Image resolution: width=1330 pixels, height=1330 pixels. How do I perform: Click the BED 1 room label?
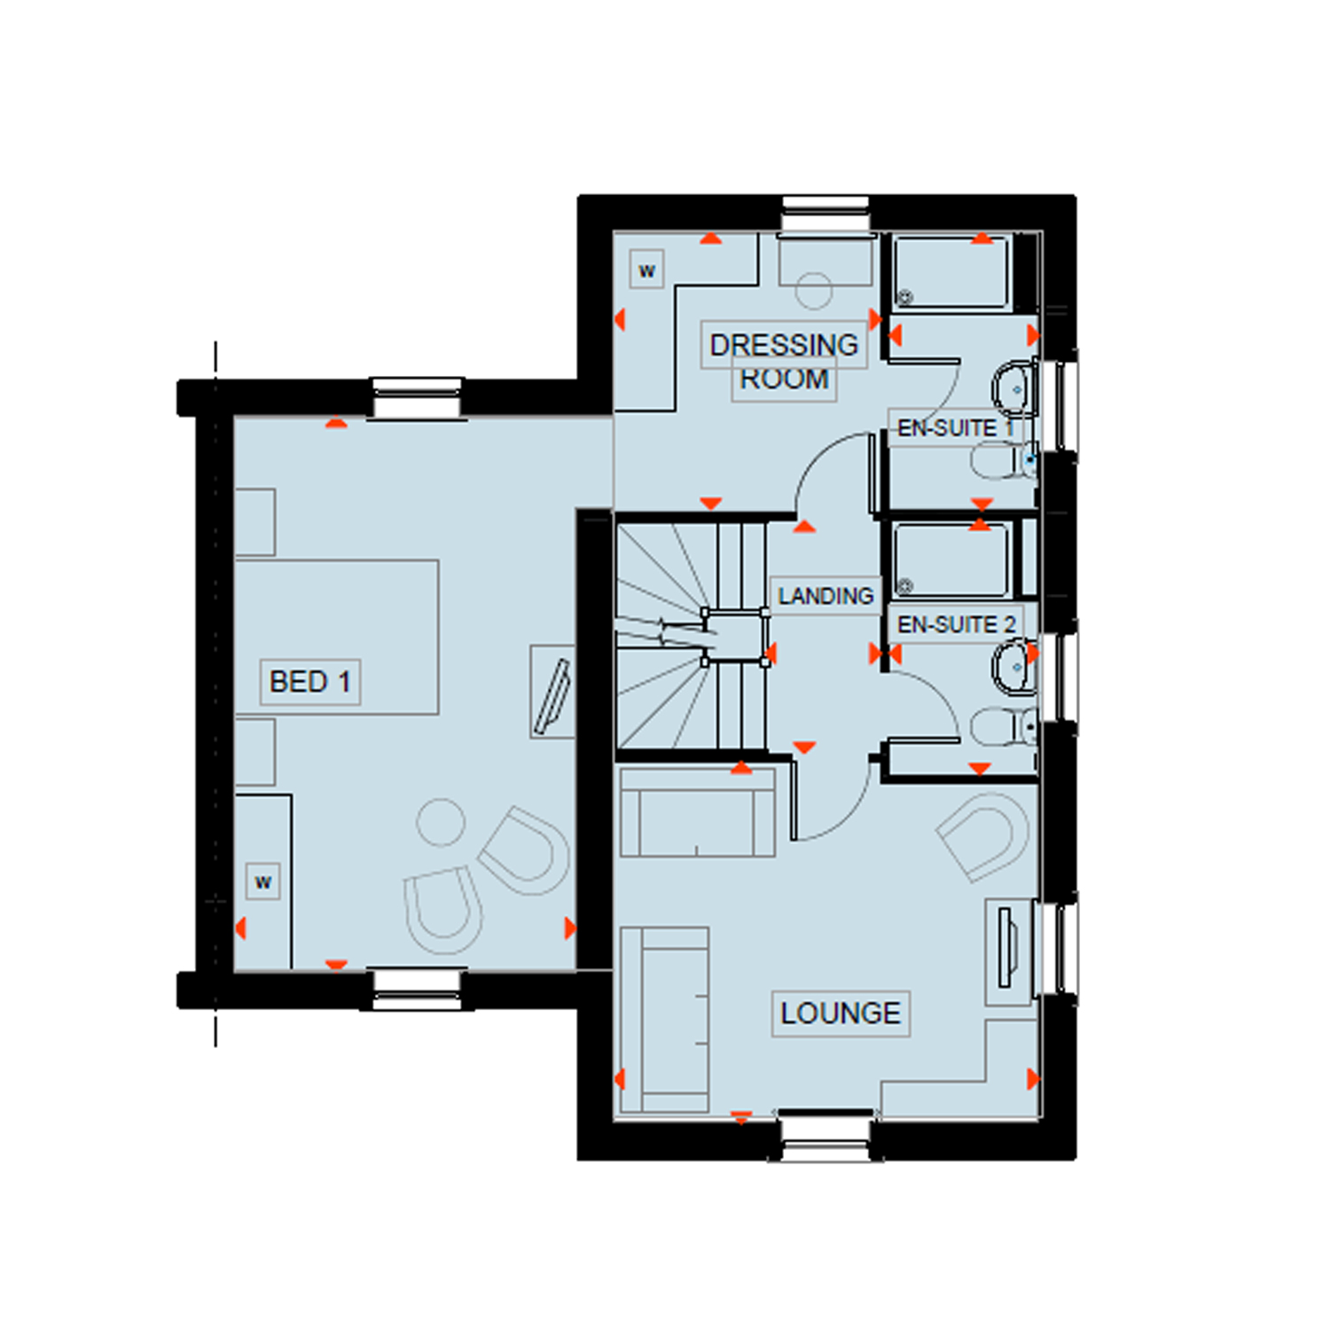[x=310, y=682]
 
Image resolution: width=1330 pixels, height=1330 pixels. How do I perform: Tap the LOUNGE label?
[x=841, y=1013]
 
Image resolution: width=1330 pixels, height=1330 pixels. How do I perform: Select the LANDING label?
[x=825, y=596]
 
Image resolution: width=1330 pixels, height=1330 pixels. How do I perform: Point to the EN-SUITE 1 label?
[x=955, y=428]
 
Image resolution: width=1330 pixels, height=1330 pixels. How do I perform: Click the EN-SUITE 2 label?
[x=956, y=624]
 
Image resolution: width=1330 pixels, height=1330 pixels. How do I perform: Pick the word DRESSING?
[x=784, y=345]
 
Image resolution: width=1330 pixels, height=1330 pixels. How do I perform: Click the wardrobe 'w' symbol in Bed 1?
[x=263, y=882]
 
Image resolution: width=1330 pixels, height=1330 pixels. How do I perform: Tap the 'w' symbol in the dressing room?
[x=647, y=270]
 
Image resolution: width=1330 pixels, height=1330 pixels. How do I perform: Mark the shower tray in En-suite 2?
[x=951, y=560]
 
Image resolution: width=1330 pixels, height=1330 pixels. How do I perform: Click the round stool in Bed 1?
[x=441, y=822]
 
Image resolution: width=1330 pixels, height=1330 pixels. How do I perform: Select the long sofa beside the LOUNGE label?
[x=665, y=1020]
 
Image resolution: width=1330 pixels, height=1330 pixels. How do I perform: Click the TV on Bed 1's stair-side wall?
[x=552, y=692]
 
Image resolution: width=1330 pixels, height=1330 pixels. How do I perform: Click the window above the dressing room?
[x=825, y=215]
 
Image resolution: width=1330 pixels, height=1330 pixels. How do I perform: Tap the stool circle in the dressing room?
[x=814, y=290]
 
